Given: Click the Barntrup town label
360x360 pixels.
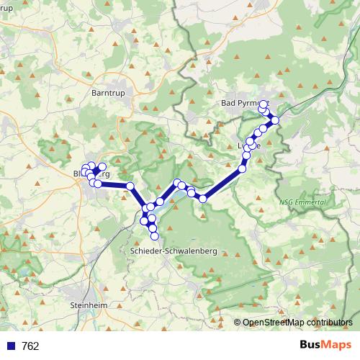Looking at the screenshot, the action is [x=109, y=93].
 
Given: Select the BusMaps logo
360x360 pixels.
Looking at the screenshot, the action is [x=325, y=346].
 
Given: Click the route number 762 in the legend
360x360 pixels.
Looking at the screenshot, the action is [x=31, y=346].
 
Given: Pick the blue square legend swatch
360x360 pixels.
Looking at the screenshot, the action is [x=11, y=346].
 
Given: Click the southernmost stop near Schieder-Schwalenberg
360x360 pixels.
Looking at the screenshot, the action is [x=153, y=236].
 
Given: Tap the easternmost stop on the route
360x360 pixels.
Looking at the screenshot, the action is [x=275, y=120].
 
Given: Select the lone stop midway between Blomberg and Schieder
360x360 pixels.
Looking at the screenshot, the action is [x=130, y=186].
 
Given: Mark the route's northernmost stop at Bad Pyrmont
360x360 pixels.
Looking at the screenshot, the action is [x=264, y=104].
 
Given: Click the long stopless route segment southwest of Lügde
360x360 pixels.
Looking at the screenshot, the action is [x=222, y=184].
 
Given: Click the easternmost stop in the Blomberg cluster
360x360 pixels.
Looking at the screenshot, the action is [x=102, y=167].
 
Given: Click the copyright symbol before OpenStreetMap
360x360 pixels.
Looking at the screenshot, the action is [x=238, y=322].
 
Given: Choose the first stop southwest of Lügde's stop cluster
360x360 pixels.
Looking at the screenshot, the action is [x=203, y=198].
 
